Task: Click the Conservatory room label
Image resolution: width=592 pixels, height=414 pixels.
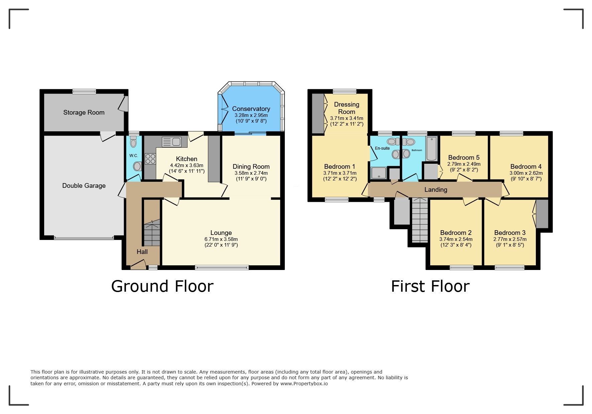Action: tap(251, 109)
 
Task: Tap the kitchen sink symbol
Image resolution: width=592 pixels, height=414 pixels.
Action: tap(171, 142)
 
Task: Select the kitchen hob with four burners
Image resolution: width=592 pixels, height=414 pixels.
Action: tap(150, 158)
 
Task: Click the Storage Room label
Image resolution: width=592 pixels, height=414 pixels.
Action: tap(84, 113)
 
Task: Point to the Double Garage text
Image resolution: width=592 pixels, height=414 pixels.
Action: tap(84, 185)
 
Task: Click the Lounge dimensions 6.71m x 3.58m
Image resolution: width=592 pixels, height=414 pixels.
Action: tap(221, 239)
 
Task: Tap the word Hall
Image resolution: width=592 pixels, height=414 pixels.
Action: tap(142, 252)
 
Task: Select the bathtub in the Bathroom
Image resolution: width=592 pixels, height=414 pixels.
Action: tap(431, 149)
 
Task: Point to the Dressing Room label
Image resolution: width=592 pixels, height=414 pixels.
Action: tap(347, 108)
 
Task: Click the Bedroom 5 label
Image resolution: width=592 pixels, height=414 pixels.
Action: tap(464, 157)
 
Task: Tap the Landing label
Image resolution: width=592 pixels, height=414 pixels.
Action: tap(436, 190)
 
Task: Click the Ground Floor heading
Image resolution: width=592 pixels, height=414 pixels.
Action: tap(162, 286)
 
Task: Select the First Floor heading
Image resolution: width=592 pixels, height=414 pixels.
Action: tap(430, 286)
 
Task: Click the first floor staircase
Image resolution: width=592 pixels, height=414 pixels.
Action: tap(420, 220)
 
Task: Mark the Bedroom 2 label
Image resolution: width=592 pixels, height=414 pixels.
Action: tap(456, 233)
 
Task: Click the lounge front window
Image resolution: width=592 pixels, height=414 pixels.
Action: tap(222, 267)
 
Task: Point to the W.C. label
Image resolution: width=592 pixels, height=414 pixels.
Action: tap(134, 156)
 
